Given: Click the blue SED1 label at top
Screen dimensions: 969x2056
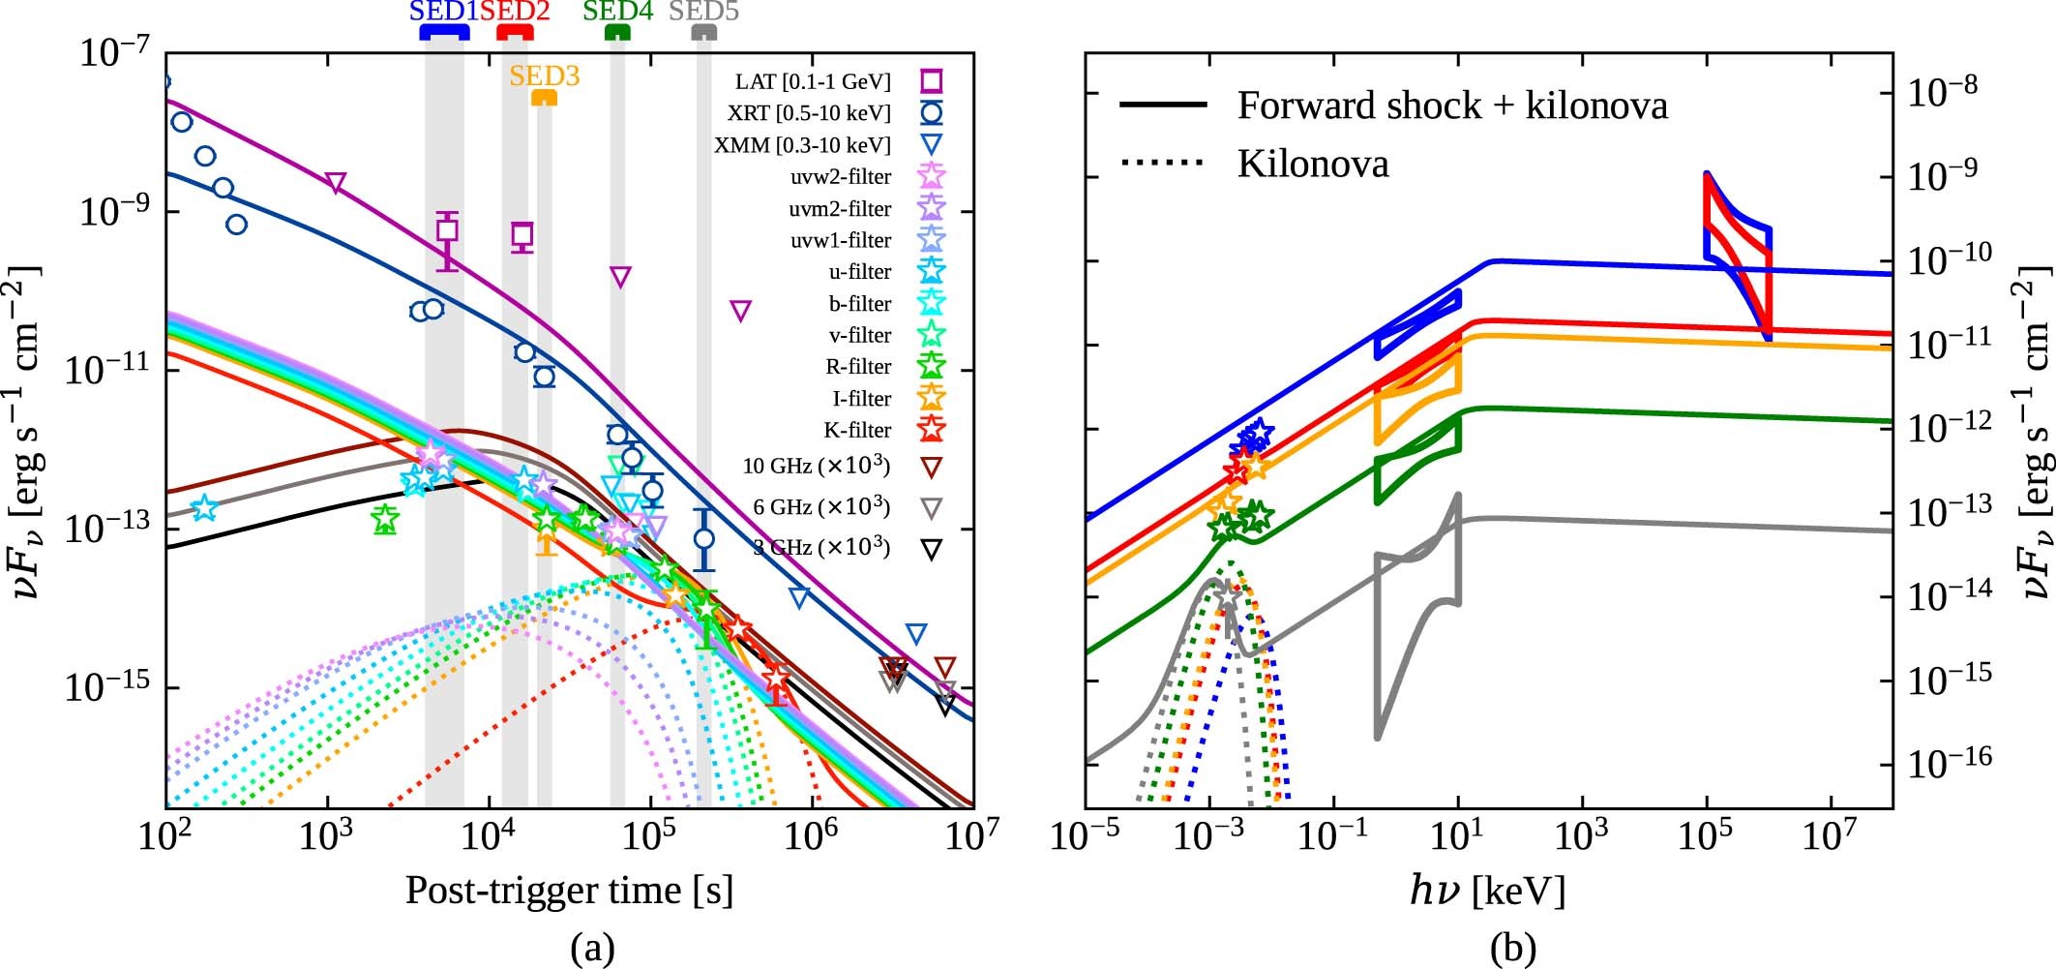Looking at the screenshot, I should (x=444, y=13).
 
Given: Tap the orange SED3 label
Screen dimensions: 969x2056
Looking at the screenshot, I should (x=544, y=76).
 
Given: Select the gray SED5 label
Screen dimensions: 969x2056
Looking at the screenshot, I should (x=703, y=13).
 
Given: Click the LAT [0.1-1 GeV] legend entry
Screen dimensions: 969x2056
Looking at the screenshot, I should (x=812, y=81).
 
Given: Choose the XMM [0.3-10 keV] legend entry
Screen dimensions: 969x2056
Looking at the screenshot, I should (x=802, y=145).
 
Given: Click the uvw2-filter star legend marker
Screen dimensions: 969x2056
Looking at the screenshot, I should (x=931, y=176).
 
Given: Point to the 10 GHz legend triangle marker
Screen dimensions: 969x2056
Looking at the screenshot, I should (x=931, y=469).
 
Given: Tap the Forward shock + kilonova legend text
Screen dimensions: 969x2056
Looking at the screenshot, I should (x=1452, y=105).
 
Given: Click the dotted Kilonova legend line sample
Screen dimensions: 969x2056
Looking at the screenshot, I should (x=1162, y=163).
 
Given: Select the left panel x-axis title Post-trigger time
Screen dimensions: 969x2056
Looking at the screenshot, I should (x=569, y=890).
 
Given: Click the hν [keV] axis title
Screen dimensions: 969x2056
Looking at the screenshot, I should (x=1487, y=890).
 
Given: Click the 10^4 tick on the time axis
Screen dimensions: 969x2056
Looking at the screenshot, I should (x=488, y=835).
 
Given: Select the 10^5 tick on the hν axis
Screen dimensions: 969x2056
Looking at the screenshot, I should (x=1707, y=835).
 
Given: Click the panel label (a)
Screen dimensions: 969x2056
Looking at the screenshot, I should (x=592, y=947).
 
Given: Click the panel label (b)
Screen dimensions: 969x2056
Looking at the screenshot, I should (x=1513, y=947).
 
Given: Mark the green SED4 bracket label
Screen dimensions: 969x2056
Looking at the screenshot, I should (x=617, y=13).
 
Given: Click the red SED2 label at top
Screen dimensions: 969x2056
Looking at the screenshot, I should (x=515, y=13).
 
